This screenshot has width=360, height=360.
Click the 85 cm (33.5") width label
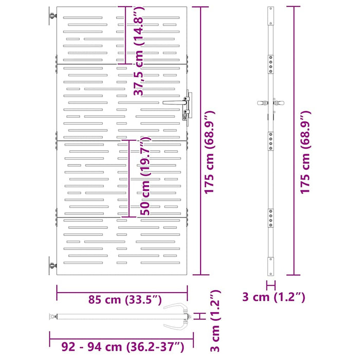click(x=125, y=300)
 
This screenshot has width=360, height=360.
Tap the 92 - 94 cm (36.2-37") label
click(x=123, y=347)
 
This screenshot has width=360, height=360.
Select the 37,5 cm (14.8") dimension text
click(x=139, y=51)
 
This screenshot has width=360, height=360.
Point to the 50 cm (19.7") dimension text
click(x=145, y=176)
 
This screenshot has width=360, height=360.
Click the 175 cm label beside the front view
click(x=209, y=152)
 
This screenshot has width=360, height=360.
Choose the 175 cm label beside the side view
click(x=305, y=152)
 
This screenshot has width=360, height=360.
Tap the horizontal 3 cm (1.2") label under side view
click(x=274, y=297)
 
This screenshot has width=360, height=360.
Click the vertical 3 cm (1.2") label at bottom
click(x=215, y=321)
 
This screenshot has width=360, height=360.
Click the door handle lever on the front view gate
click(x=174, y=102)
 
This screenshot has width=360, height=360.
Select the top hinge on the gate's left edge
click(x=53, y=16)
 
